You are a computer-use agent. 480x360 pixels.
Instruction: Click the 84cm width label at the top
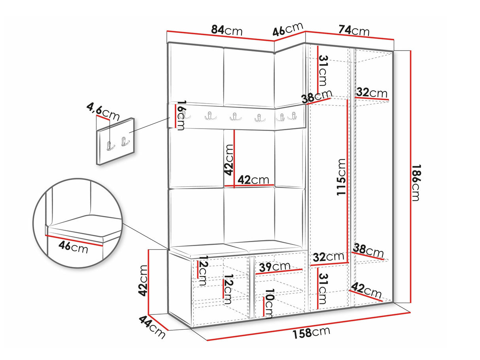227,30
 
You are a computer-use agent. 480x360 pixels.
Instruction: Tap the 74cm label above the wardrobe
353,30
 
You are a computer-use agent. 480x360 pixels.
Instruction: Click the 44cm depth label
151,326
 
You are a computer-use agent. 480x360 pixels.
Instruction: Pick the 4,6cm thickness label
103,111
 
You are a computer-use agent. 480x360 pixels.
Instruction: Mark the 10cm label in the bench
269,303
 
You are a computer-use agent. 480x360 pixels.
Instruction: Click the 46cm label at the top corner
288,29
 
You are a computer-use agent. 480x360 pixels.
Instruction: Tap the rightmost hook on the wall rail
293,116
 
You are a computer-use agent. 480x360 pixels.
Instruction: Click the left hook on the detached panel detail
110,146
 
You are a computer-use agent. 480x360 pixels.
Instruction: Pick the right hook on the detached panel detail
125,141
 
